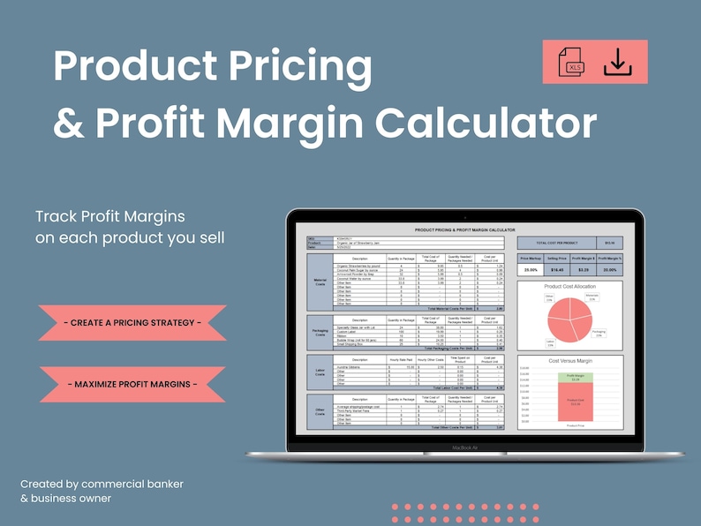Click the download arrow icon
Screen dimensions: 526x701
pos(618,62)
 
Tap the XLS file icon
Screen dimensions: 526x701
pos(572,62)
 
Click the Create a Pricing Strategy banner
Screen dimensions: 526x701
pos(133,322)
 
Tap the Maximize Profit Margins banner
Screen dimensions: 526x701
pos(133,384)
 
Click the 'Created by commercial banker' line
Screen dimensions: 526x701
pos(102,484)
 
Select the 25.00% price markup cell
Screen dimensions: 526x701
pos(530,269)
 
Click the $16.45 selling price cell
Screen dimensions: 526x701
pos(557,269)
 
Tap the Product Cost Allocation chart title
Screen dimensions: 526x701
pos(570,288)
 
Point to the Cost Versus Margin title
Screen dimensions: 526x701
pos(570,361)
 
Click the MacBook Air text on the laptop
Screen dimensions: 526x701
pos(465,448)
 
